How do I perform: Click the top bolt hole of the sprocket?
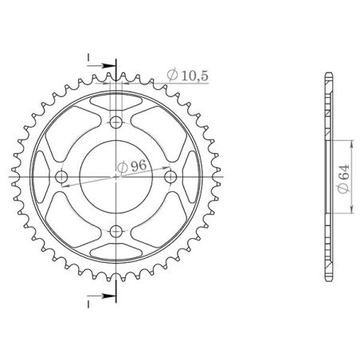point(117,123)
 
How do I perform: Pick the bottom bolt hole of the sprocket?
point(117,231)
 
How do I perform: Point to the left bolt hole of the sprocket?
point(63,177)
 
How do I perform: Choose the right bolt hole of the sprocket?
point(171,177)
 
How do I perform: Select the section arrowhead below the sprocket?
point(112,297)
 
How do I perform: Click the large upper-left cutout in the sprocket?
point(74,134)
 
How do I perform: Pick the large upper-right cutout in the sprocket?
point(160,134)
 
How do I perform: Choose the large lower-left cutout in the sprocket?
point(74,220)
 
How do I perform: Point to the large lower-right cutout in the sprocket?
point(160,220)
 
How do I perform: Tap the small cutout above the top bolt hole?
point(117,101)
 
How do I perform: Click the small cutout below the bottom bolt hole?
point(117,252)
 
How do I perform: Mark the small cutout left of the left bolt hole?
point(42,177)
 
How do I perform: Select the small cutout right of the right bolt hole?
point(192,177)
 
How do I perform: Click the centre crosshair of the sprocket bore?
point(117,177)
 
